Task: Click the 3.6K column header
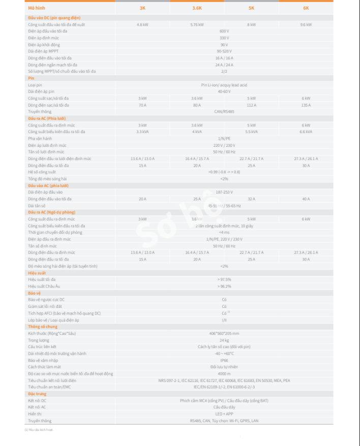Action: (197, 8)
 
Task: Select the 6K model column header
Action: (306, 8)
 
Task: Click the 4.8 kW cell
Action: (142, 24)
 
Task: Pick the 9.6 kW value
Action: (306, 24)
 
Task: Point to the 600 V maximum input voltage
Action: (224, 31)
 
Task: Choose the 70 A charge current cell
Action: (142, 105)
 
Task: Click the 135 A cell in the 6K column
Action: (306, 105)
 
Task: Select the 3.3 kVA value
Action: (142, 132)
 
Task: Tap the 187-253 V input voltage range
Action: (224, 192)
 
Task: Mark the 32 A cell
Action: (251, 199)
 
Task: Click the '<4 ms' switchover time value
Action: (224, 232)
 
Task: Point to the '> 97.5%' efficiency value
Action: (224, 279)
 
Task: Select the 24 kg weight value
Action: (224, 340)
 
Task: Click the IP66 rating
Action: (224, 360)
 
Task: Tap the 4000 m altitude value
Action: (224, 373)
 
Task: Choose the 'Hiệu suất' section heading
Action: (37, 273)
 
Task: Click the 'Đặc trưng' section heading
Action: (37, 394)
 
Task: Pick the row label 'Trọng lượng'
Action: (39, 340)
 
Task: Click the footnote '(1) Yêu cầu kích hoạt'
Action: (39, 430)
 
